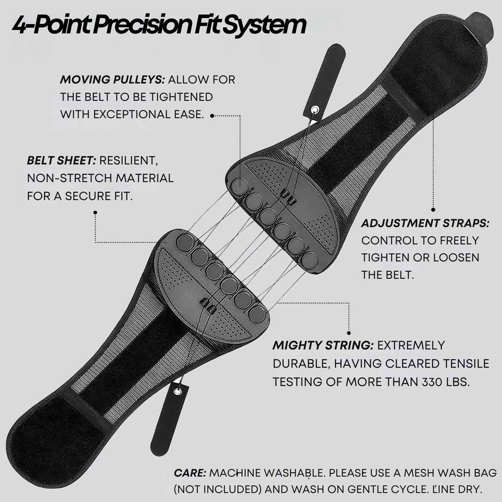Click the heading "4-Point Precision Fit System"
(159, 25)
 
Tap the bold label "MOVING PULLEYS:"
(112, 80)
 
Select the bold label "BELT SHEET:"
(61, 160)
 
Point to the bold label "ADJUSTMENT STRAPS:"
(425, 223)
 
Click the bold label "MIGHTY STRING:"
(323, 345)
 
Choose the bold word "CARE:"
(190, 473)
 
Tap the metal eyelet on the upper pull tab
(315, 110)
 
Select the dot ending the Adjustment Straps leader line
(433, 210)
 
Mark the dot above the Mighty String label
(349, 333)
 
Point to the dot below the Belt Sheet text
(95, 212)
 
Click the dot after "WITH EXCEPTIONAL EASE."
(212, 116)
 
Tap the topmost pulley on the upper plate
(240, 186)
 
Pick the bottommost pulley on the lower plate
(258, 314)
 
